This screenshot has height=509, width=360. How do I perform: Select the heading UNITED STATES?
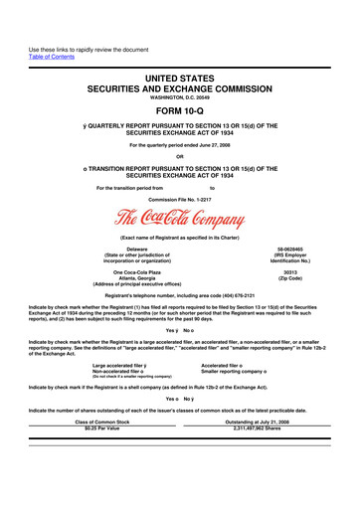click(180, 50)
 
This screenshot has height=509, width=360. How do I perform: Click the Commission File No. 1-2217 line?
click(179, 198)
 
